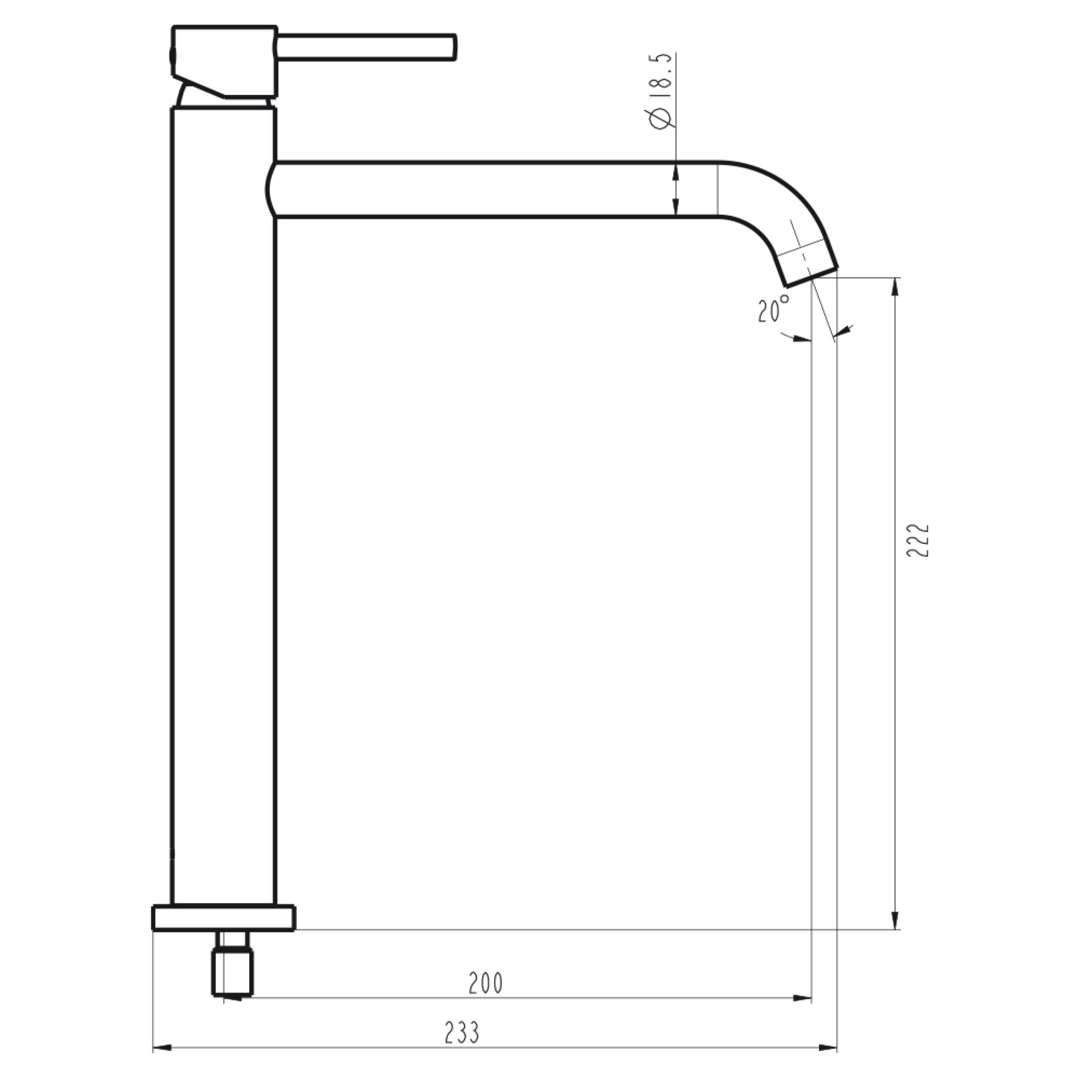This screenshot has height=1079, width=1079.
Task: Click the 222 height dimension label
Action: pyautogui.click(x=918, y=540)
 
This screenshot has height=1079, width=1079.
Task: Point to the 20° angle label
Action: pyautogui.click(x=774, y=308)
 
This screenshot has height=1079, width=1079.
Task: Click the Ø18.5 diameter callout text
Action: pyautogui.click(x=660, y=92)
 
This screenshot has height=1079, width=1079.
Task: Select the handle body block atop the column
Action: pyautogui.click(x=223, y=62)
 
